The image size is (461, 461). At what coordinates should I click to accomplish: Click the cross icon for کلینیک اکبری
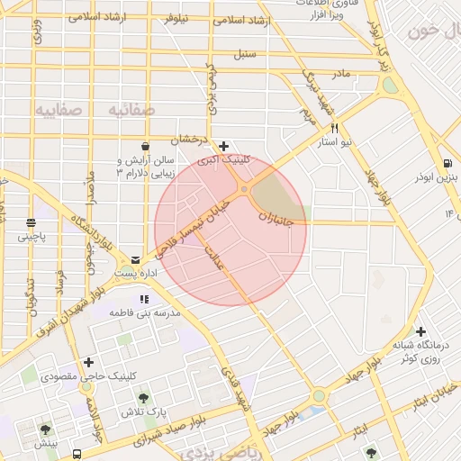[x=224, y=146]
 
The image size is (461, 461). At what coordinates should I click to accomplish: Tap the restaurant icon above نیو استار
[x=335, y=129]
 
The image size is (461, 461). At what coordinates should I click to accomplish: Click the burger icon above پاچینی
[x=32, y=222]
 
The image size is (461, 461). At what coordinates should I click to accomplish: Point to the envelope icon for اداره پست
[x=135, y=258]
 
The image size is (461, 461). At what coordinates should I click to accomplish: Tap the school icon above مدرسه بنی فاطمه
[x=143, y=299]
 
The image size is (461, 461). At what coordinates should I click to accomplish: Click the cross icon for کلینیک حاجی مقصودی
[x=88, y=362]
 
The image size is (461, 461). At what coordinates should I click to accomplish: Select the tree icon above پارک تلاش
[x=142, y=396]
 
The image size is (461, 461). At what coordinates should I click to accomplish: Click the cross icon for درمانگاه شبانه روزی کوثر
[x=420, y=330]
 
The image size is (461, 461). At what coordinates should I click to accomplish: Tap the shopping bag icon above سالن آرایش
[x=145, y=146]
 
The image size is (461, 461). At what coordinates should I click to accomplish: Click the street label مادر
[x=339, y=72]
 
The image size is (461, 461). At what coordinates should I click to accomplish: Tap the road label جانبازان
[x=276, y=219]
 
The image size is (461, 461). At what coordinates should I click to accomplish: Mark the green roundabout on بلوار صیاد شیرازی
[x=319, y=395]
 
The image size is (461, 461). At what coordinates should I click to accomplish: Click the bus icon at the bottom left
[x=79, y=454]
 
